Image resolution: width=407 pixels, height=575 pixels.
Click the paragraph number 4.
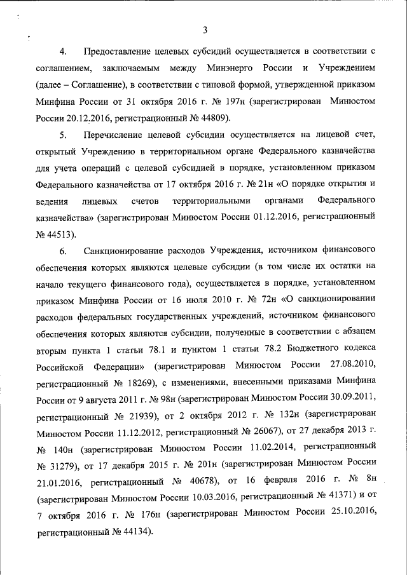pyautogui.click(x=62, y=50)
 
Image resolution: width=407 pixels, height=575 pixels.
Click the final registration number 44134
pyautogui.click(x=132, y=534)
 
